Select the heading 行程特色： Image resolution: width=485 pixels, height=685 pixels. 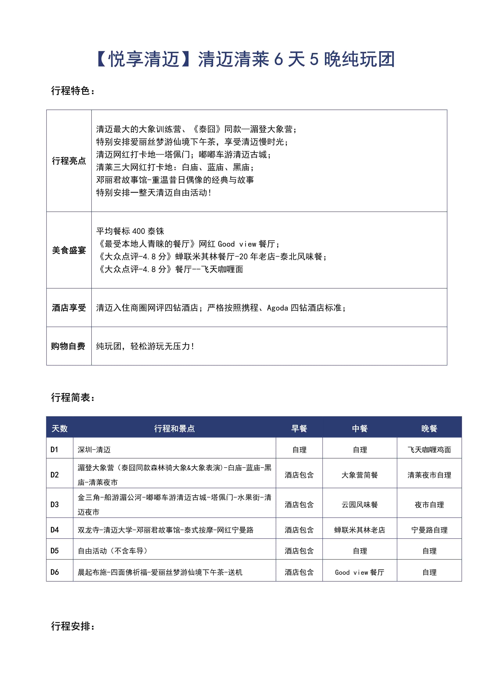73,91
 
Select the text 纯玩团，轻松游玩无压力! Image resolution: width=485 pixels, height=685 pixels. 145,346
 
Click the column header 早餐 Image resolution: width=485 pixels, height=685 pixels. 299,428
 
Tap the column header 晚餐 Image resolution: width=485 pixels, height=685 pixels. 429,428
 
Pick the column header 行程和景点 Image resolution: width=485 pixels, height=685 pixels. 174,428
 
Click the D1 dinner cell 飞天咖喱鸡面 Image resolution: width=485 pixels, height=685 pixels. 429,450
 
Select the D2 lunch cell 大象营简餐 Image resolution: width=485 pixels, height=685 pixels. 360,475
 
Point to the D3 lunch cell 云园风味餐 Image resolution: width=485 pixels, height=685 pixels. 360,505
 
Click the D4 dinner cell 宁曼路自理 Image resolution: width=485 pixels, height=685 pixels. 429,530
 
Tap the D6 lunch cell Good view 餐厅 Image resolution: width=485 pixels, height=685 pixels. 360,572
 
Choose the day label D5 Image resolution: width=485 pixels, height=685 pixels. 55,551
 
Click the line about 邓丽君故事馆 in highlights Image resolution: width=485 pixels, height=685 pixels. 175,180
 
